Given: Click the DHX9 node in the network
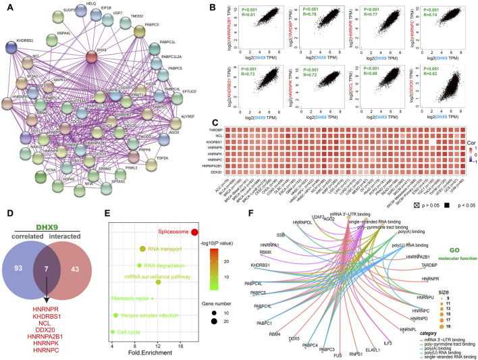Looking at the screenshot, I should click(105, 53).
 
